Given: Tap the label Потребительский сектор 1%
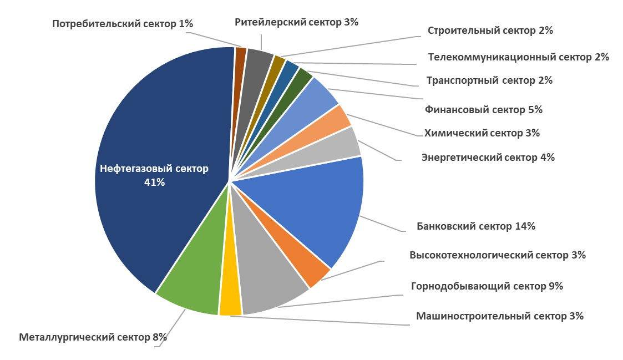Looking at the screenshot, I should click(x=123, y=24).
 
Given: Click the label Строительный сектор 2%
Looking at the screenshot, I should click(x=490, y=31).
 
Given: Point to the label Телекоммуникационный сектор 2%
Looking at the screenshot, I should click(x=519, y=57).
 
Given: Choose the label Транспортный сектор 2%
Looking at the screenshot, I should click(x=489, y=80).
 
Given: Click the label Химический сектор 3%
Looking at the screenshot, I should click(x=482, y=133).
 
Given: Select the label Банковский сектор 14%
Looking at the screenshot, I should click(x=475, y=226).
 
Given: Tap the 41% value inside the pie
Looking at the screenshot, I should click(x=154, y=182).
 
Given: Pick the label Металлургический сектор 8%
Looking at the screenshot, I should click(x=93, y=337).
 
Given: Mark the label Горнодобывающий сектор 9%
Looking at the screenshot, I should click(x=487, y=286).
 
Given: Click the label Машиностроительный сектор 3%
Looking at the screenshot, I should click(x=499, y=316).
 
